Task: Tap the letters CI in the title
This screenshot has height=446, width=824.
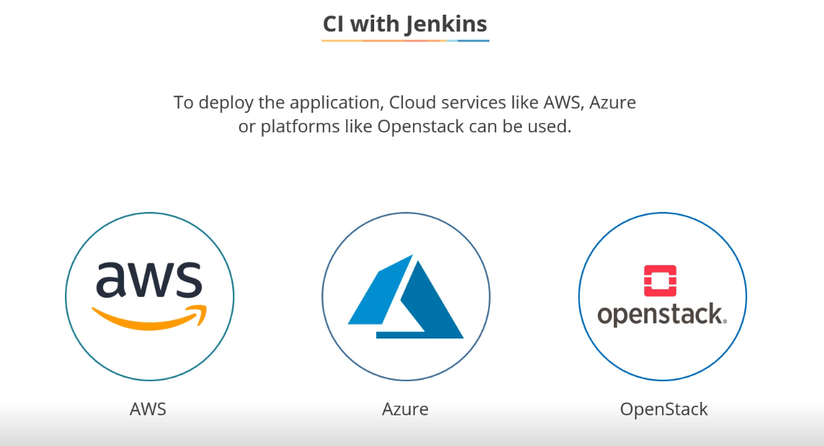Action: pos(334,24)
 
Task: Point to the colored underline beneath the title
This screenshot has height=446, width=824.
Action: pos(405,41)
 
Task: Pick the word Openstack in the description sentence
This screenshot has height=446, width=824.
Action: pos(420,126)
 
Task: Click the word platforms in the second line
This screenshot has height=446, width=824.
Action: pos(299,126)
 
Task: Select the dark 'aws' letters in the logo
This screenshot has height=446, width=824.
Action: pos(149,280)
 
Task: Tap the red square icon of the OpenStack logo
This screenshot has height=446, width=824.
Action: pos(660,280)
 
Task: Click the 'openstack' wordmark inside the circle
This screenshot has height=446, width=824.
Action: pos(661,314)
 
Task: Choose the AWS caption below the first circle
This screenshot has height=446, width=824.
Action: pos(148,409)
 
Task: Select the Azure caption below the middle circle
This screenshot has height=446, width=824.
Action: pos(405,409)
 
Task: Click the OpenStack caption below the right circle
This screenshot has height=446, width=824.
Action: pos(663,409)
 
